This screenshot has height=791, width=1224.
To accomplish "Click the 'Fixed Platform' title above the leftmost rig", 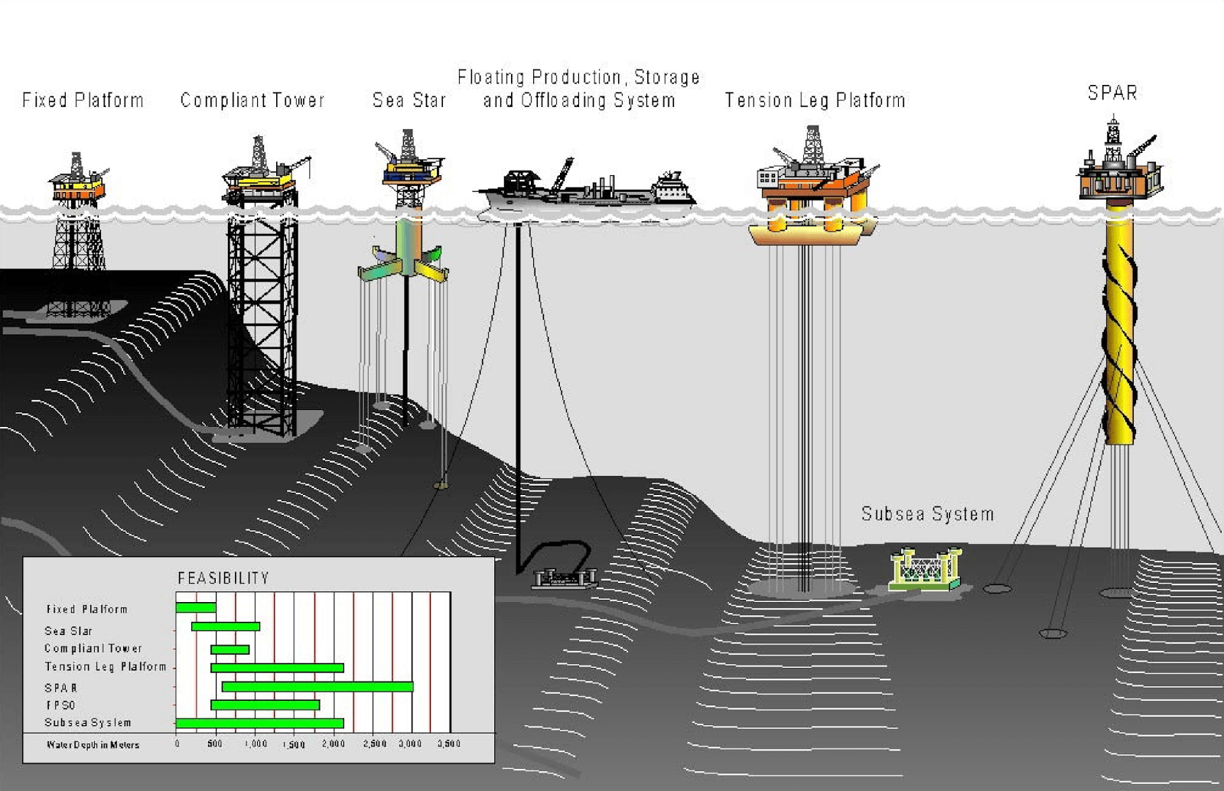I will tap(83, 100).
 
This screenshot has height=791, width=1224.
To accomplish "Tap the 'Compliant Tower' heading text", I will tap(252, 100).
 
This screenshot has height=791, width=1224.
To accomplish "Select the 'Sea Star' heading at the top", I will tap(409, 100).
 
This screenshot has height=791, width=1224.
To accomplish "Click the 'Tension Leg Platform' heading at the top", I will tap(815, 100).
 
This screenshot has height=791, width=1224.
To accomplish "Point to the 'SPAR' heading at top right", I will tap(1112, 93).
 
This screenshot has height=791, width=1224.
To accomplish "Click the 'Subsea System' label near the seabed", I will tap(927, 514).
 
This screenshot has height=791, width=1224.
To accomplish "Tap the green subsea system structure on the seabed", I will tap(925, 570).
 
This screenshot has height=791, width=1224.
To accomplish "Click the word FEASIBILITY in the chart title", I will tap(223, 578).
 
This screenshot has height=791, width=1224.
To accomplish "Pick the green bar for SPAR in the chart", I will tap(317, 687).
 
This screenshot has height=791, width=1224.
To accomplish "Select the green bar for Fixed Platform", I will tap(196, 608).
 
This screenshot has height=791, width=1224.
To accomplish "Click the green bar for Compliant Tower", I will tap(229, 649).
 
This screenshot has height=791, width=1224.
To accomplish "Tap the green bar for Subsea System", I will tap(259, 723).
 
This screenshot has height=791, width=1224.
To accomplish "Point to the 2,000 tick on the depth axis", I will tap(334, 744).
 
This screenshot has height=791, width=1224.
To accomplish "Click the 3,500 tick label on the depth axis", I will tap(449, 744).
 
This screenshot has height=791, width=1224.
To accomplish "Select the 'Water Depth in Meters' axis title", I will tap(93, 745).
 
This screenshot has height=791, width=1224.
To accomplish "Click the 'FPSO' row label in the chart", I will tap(60, 705).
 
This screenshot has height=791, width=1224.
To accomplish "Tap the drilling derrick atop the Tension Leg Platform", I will tap(812, 145).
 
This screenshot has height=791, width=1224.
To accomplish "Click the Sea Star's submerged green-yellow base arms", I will tap(403, 269).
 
